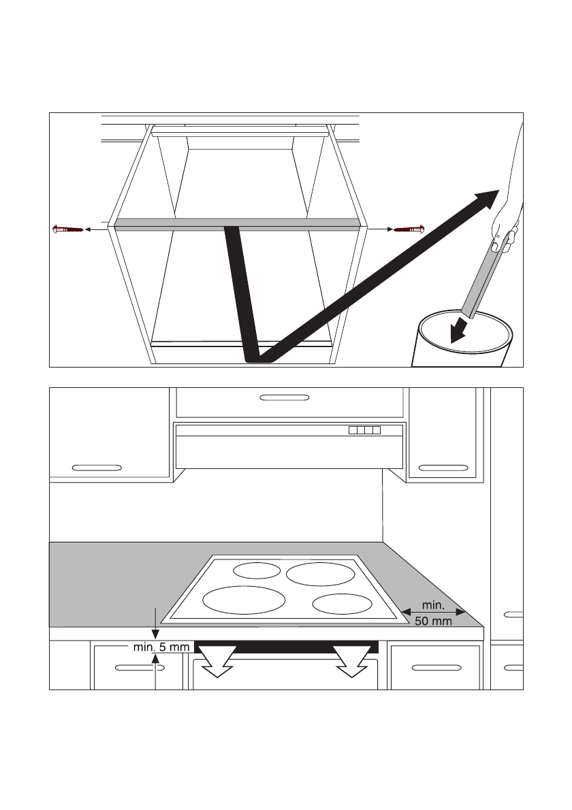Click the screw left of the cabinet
click(68, 229)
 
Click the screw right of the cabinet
click(409, 229)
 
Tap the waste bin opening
click(466, 329)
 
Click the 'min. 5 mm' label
click(161, 647)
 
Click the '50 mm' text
click(433, 621)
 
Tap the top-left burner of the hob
click(257, 570)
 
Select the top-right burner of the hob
click(320, 573)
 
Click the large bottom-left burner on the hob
click(243, 599)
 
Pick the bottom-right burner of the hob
click(343, 603)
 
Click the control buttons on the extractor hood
click(364, 430)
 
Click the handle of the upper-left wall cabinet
click(97, 468)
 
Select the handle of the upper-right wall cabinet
click(443, 468)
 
